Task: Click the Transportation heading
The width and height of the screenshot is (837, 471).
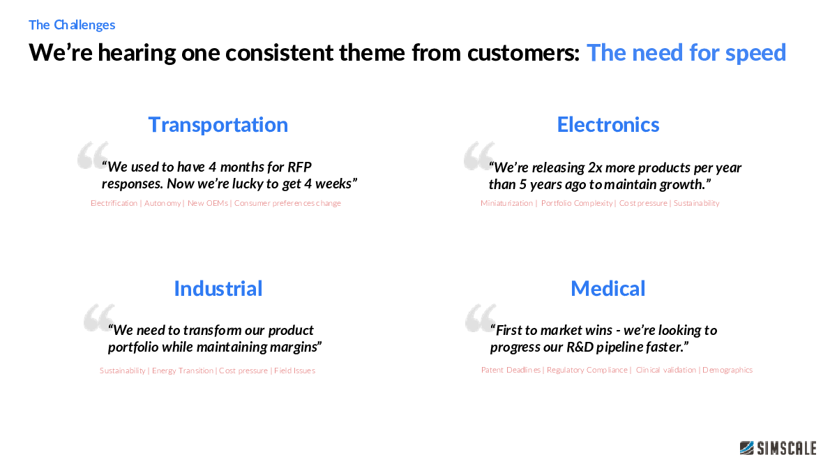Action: (x=218, y=125)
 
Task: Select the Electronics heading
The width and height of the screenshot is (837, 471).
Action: (x=608, y=124)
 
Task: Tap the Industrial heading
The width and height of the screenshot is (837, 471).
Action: (x=218, y=289)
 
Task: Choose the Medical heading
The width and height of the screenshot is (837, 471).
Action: (x=608, y=289)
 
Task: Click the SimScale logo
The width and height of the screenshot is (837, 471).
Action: (x=778, y=448)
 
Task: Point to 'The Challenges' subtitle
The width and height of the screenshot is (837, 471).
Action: (x=72, y=25)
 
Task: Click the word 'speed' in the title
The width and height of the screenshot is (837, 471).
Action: (x=755, y=53)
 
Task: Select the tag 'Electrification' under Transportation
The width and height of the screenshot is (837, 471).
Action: (x=114, y=203)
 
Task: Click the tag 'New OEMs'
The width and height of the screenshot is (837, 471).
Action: (x=208, y=203)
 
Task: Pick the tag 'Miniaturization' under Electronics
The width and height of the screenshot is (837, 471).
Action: (x=506, y=203)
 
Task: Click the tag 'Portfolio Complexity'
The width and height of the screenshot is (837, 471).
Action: (x=577, y=203)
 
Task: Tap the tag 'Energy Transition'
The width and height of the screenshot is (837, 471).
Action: (x=182, y=371)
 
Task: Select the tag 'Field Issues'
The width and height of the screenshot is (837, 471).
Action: (x=294, y=371)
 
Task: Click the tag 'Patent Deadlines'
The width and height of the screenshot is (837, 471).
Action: (x=511, y=370)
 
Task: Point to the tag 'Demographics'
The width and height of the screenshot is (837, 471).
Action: (x=727, y=370)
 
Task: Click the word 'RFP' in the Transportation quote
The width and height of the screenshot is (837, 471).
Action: (x=299, y=167)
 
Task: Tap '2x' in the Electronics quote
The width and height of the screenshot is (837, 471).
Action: (x=595, y=167)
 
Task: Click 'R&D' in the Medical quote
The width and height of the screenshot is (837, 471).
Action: (x=580, y=347)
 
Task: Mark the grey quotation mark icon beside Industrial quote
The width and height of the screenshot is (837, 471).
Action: (x=98, y=317)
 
